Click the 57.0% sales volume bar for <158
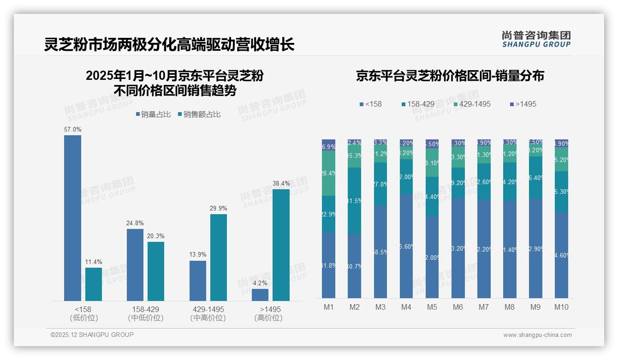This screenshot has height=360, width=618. point(72,218)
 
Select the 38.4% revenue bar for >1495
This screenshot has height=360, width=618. point(281,245)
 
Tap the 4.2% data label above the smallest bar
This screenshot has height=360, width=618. point(260,283)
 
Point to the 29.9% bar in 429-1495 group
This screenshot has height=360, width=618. point(218,257)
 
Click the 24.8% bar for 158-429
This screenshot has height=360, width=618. point(135,264)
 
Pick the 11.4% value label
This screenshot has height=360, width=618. point(94,262)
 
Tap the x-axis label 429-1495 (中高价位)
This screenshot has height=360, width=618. point(208,313)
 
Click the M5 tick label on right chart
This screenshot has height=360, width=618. point(432,307)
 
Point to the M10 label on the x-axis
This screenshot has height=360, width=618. point(561,307)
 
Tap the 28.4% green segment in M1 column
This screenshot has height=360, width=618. point(328,173)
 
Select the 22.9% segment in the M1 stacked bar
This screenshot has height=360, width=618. point(328,214)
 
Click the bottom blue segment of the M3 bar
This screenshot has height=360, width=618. point(380,252)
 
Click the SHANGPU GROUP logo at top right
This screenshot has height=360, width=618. point(536,39)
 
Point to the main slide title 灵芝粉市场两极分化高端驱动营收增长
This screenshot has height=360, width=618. point(169,45)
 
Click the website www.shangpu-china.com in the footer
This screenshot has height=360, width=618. point(537,335)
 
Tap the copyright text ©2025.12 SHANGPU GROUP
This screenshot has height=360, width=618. point(92,335)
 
